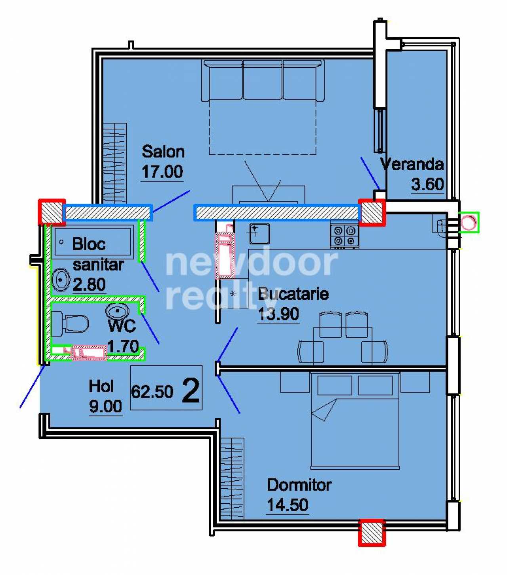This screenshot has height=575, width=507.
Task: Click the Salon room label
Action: [163, 152]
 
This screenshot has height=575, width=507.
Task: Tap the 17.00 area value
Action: [162, 172]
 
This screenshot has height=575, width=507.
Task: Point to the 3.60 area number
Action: [427, 184]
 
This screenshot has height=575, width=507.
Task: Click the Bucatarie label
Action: [293, 294]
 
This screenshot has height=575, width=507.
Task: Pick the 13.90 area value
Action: [278, 314]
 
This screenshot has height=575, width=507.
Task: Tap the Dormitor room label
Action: [299, 485]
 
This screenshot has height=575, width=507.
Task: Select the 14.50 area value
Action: [287, 505]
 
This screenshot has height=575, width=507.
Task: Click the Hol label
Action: [101, 386]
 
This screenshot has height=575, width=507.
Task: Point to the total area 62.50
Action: [152, 392]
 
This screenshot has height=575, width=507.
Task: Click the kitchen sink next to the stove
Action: [259, 234]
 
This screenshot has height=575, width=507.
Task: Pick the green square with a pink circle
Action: [469, 223]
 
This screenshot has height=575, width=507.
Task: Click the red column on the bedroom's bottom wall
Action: [372, 533]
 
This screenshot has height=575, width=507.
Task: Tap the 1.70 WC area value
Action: [123, 346]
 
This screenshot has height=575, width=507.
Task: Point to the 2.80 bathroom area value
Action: [89, 284]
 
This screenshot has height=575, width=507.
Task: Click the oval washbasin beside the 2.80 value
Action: [61, 280]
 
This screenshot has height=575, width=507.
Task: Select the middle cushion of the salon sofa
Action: [263, 80]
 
